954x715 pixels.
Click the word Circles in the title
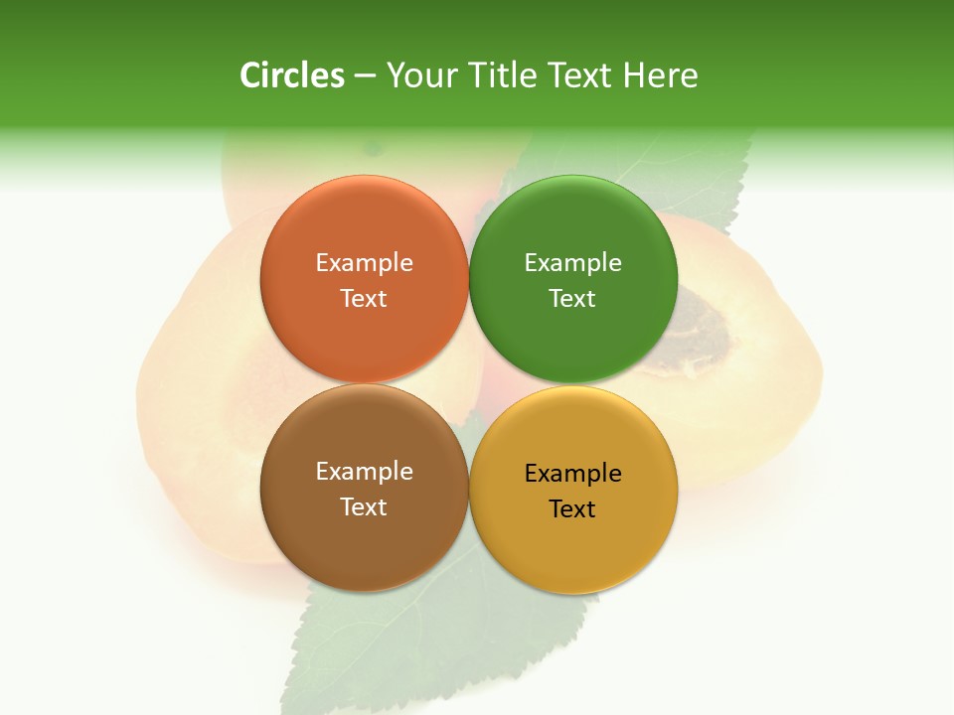click(x=291, y=75)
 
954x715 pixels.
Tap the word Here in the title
click(x=660, y=75)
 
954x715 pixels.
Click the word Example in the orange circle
click(x=364, y=263)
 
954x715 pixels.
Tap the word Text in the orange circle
click(x=364, y=299)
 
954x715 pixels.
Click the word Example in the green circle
click(x=572, y=263)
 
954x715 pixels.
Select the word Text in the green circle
click(x=572, y=299)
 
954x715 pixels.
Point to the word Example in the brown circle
click(x=364, y=472)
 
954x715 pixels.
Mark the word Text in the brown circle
click(x=364, y=507)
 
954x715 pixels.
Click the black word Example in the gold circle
click(x=572, y=474)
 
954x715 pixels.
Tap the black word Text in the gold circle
click(x=572, y=509)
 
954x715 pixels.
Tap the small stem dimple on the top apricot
click(x=374, y=150)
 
